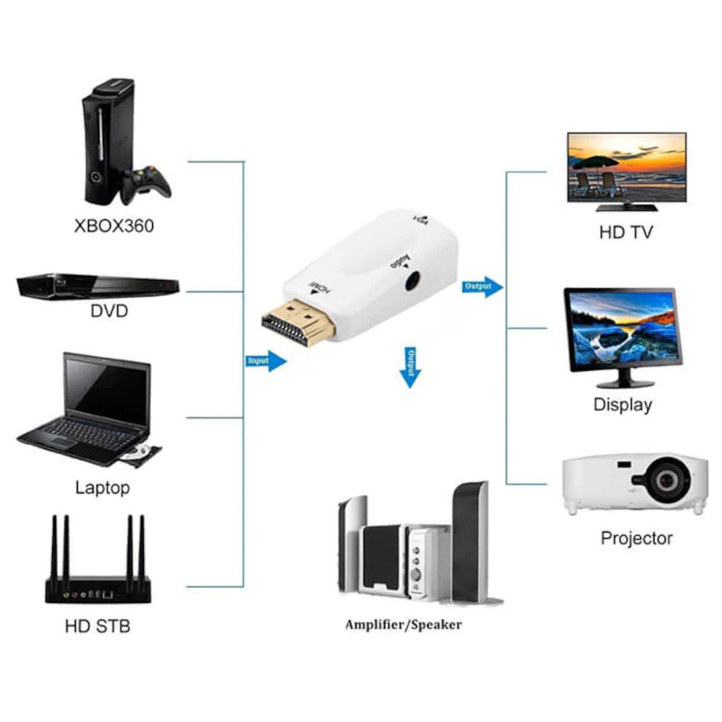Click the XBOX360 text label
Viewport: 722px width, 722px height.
114,226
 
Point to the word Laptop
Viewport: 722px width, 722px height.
102,487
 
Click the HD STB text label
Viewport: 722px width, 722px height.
97,625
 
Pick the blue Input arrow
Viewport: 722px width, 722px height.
267,361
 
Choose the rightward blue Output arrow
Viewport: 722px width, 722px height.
483,286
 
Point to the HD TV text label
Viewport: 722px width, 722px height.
626,232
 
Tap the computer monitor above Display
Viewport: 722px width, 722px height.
622,330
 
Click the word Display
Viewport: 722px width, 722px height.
623,405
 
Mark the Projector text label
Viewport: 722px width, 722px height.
636,538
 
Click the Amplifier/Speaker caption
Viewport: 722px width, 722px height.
403,625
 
